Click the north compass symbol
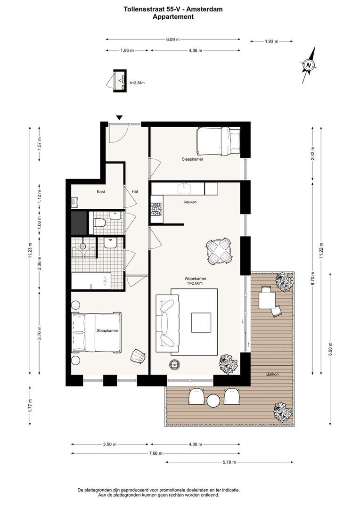(x=309, y=65)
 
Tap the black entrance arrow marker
(x=120, y=118)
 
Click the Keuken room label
(x=190, y=202)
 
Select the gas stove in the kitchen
(x=157, y=209)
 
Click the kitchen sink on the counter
(x=185, y=188)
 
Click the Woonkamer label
(x=196, y=279)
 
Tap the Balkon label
(x=272, y=374)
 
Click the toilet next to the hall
(x=99, y=222)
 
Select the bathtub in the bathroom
(x=91, y=280)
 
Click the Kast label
(x=101, y=192)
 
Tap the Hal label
(x=135, y=191)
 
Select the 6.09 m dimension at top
(x=172, y=40)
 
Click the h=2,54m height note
(x=137, y=83)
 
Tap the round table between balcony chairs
(x=213, y=400)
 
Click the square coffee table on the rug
(x=201, y=322)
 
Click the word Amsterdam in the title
(x=207, y=9)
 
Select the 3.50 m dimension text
(x=110, y=444)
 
